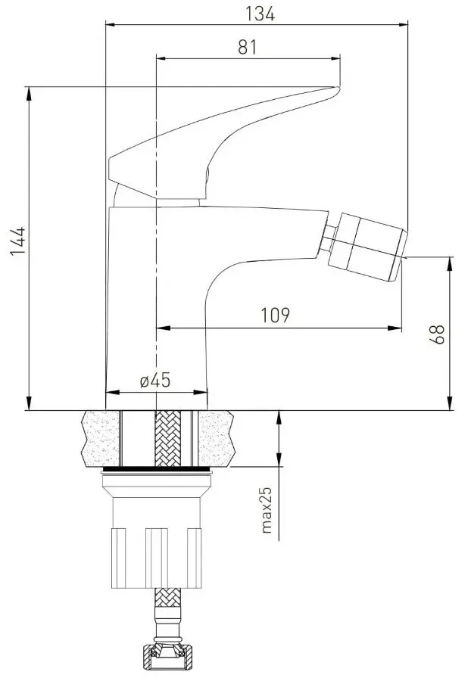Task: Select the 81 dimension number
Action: [248, 47]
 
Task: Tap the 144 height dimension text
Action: [18, 241]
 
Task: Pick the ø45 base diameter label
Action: [154, 381]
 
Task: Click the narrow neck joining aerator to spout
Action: [329, 240]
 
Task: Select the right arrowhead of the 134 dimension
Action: [404, 24]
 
